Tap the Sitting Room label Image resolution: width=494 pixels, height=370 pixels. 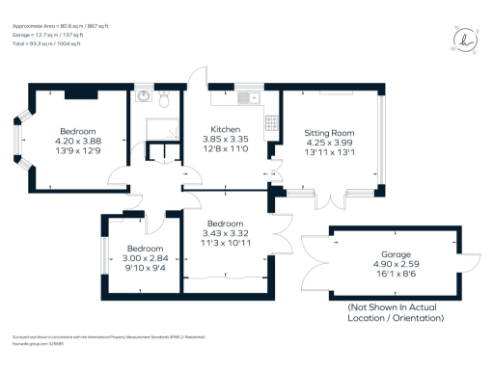pyautogui.click(x=329, y=131)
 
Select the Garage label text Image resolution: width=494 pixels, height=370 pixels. pyautogui.click(x=385, y=254)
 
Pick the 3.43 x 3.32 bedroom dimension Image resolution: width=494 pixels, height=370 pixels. pyautogui.click(x=226, y=232)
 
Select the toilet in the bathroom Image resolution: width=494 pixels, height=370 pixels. pyautogui.click(x=166, y=98)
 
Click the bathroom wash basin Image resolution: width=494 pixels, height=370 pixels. pyautogui.click(x=143, y=96)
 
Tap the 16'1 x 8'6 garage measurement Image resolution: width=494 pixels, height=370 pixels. pyautogui.click(x=385, y=274)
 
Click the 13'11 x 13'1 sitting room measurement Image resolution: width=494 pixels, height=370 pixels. pyautogui.click(x=329, y=150)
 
